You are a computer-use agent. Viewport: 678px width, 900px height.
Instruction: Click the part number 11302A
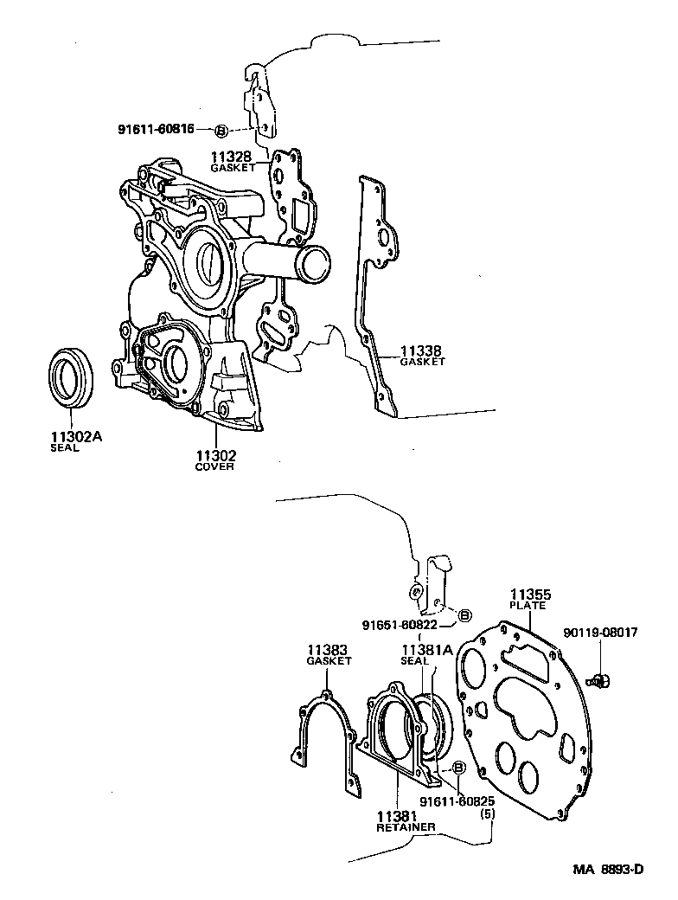click(x=76, y=437)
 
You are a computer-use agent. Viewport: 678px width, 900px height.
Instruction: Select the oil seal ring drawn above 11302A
click(x=69, y=376)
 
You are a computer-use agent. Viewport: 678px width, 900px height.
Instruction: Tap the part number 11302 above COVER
click(x=214, y=455)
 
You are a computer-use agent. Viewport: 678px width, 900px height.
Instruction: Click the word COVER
click(x=214, y=466)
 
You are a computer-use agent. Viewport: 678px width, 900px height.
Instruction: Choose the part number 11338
click(x=421, y=351)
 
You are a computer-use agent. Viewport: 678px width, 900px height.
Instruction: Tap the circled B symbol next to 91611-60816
click(x=221, y=131)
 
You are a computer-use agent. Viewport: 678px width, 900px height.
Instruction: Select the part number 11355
click(x=529, y=595)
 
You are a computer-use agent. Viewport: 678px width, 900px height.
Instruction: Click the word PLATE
click(x=529, y=606)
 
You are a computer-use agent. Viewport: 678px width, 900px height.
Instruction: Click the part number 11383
click(x=329, y=649)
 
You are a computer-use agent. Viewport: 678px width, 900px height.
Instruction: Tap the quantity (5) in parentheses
click(x=487, y=813)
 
